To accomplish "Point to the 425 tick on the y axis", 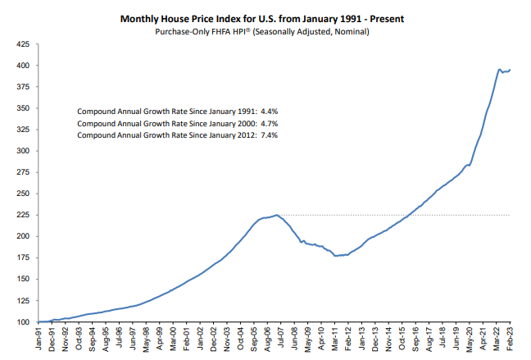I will [x=23, y=44].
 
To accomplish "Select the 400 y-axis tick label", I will [x=23, y=66].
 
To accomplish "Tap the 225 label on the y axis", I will [x=23, y=215].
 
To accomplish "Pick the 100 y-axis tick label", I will [x=23, y=321].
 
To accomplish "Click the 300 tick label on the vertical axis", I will [x=23, y=151].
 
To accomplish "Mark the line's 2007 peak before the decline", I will [x=276, y=215].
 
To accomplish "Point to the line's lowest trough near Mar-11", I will [x=335, y=256].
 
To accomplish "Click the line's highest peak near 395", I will [x=500, y=70].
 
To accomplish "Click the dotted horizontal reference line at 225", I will [x=393, y=215].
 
